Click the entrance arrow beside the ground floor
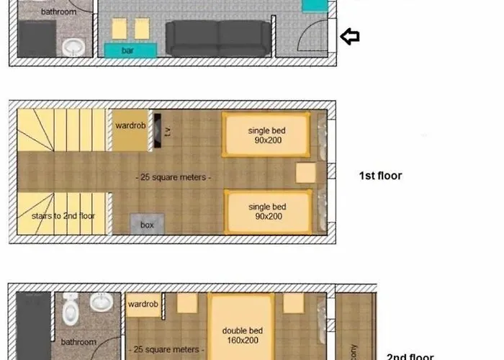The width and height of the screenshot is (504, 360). tap(350, 37)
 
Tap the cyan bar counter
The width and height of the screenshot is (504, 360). tap(130, 50)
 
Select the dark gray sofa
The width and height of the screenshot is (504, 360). tap(219, 37)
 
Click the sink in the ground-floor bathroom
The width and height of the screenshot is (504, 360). tap(73, 47)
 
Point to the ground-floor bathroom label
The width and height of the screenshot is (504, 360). tap(59, 12)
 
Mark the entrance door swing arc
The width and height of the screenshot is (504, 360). tap(311, 36)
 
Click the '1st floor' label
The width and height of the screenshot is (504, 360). tap(380, 176)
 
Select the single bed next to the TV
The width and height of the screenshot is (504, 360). tap(267, 135)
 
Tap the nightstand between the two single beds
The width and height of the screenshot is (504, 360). tap(306, 174)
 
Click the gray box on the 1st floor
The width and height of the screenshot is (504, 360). tap(147, 225)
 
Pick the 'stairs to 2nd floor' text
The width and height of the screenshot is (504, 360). tap(63, 215)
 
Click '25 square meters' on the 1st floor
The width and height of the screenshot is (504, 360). tap(176, 176)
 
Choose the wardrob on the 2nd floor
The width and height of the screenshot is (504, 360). tap(143, 305)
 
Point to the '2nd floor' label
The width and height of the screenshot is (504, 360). tap(410, 356)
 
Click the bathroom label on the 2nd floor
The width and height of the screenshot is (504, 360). tap(78, 342)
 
